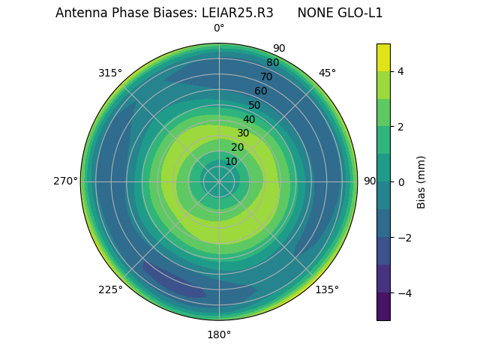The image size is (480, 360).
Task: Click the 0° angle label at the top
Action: [219, 28]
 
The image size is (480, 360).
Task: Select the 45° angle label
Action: [327, 73]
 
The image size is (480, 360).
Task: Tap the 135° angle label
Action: [327, 289]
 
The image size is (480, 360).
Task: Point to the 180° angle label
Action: [219, 334]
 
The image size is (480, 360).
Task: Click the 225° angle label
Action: [110, 289]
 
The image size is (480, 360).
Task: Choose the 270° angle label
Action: [65, 181]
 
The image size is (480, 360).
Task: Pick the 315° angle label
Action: [110, 73]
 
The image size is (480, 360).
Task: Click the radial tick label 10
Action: [231, 161]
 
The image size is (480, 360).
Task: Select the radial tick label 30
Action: [243, 133]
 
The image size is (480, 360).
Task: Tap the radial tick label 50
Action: [255, 105]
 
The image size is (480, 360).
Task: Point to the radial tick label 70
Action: [266, 76]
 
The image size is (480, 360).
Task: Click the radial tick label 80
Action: [272, 63]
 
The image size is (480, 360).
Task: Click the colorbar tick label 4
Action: [400, 71]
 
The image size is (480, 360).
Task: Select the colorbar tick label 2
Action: [400, 127]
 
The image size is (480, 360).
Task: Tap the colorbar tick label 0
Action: [400, 182]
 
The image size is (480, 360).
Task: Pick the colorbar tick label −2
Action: [403, 238]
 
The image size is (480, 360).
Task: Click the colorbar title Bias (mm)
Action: [421, 182]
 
